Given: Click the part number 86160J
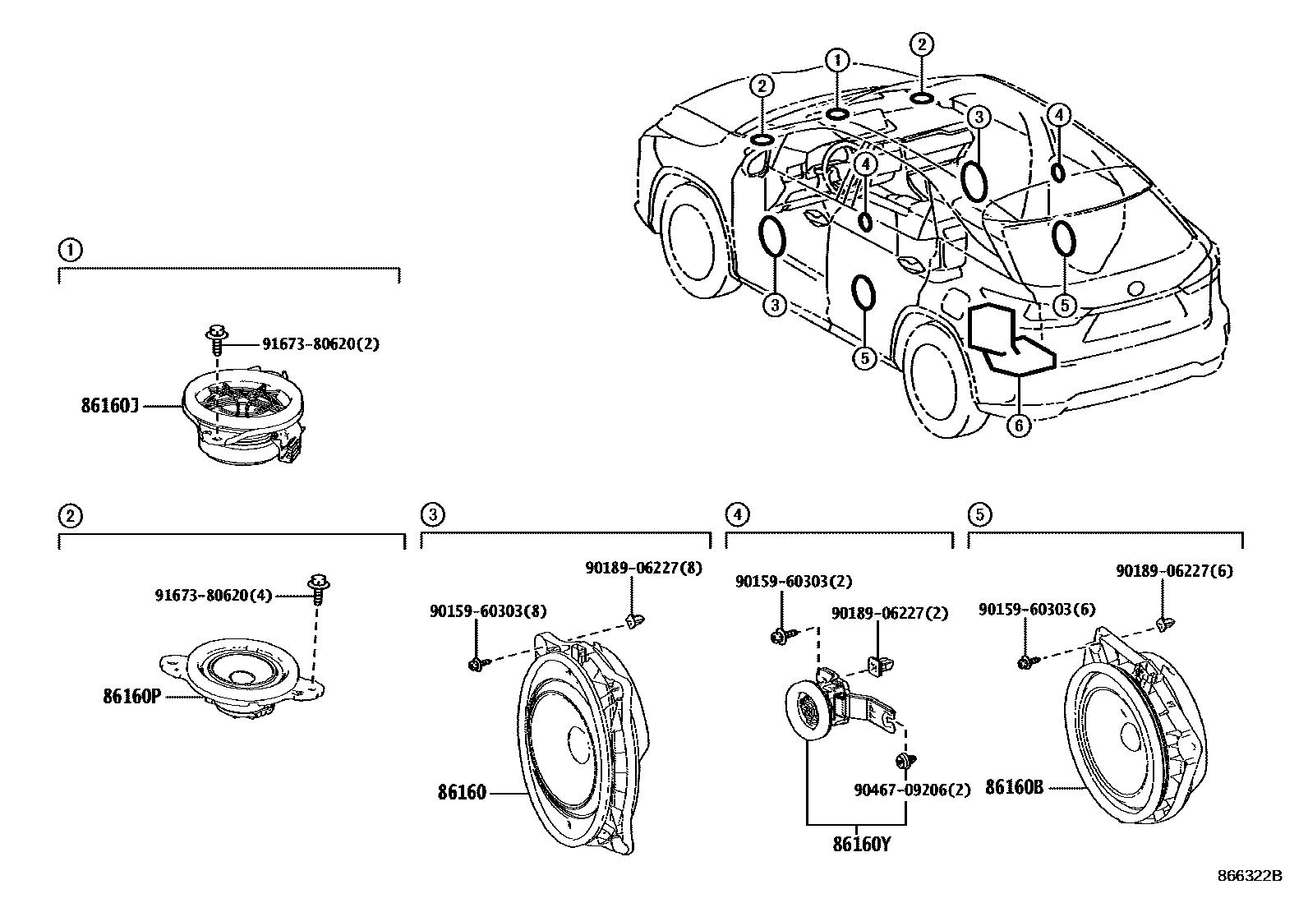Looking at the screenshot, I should [x=110, y=404].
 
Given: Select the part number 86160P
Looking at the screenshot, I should [x=131, y=696].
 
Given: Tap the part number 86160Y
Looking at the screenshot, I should [x=860, y=843].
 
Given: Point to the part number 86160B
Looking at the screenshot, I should [x=1014, y=787].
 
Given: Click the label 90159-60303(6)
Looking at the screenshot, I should [x=1038, y=609].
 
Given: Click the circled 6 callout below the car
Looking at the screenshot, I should [x=1018, y=426].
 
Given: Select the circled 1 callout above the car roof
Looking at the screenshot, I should [x=837, y=60].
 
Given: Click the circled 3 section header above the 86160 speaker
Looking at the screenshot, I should [x=432, y=515].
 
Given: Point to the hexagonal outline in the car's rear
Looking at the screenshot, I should [x=1011, y=338].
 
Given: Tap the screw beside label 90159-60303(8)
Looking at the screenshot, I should [x=477, y=661].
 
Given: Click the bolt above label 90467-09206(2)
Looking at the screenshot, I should [x=907, y=760].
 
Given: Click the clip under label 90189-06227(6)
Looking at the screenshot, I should [x=1163, y=625].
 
